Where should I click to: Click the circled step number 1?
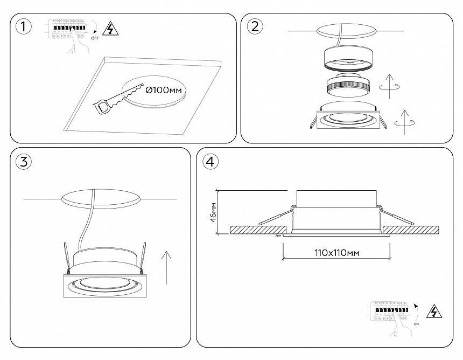(x=23, y=26)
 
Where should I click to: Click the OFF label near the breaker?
(x=95, y=39)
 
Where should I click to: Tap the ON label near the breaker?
(x=417, y=324)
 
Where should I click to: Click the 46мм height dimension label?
(x=213, y=212)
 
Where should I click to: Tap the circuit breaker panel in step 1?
(x=69, y=29)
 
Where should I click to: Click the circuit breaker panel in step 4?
(x=392, y=313)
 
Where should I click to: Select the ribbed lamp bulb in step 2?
(x=347, y=86)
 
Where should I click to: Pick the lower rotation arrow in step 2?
(x=405, y=122)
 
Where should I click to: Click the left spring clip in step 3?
(x=66, y=256)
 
